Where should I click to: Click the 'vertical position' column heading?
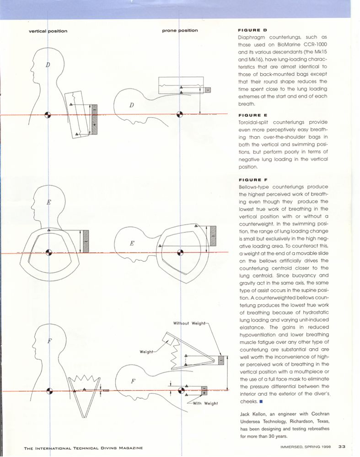48,31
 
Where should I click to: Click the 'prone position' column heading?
180,31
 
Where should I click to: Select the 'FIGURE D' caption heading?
249,29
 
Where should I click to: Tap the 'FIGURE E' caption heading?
249,116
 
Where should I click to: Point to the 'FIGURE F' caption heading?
249,180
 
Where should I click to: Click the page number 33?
342,447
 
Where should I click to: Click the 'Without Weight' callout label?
190,323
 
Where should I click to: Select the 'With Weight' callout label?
205,403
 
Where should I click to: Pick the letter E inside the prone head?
132,243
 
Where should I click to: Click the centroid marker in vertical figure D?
48,115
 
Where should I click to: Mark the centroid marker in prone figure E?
182,253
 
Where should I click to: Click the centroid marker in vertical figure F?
48,391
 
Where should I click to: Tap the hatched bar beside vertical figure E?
86,241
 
